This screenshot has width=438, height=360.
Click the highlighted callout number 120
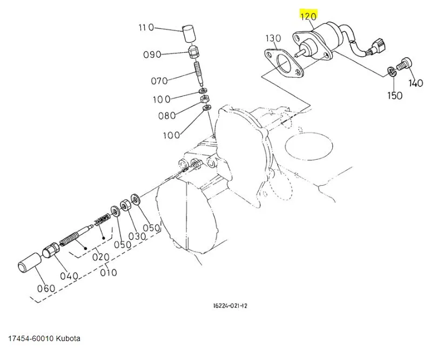(308, 17)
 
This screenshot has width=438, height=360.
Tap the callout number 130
(273, 38)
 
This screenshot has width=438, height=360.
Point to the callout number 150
(395, 96)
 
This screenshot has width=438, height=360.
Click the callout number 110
(146, 28)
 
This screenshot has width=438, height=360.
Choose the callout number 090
(152, 54)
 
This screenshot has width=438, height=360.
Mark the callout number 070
(159, 81)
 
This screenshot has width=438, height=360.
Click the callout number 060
(46, 288)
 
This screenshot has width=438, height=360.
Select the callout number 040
(69, 275)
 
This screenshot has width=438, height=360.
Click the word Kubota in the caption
(68, 338)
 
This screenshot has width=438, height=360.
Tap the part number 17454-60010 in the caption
(30, 338)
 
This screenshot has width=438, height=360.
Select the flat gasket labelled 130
(284, 64)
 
